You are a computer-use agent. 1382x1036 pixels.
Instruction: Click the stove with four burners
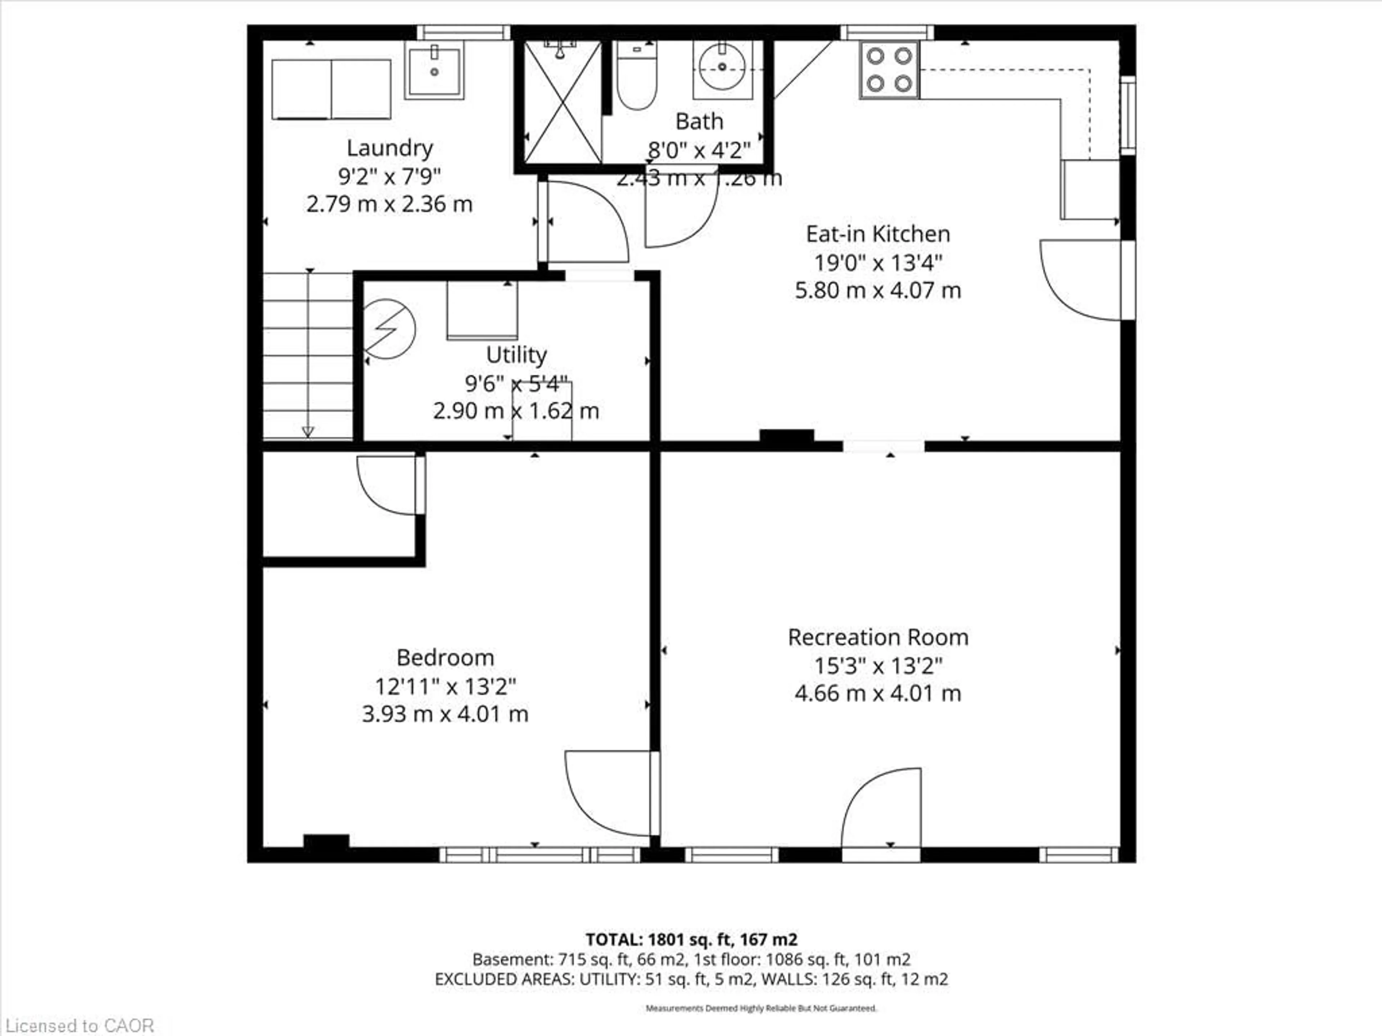pos(889,69)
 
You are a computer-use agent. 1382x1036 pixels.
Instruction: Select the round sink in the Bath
pos(722,67)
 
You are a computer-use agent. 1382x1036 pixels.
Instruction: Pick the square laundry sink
pos(434,71)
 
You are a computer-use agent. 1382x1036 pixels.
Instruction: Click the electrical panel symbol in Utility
pos(389,329)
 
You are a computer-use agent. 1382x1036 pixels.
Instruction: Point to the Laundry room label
pos(389,148)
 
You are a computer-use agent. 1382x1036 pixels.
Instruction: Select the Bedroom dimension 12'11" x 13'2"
pos(445,686)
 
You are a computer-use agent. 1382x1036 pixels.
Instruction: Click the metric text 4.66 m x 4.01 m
pos(878,693)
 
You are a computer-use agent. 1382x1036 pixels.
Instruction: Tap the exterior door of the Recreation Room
pos(881,812)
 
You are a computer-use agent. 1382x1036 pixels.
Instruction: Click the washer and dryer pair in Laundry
pos(331,89)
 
